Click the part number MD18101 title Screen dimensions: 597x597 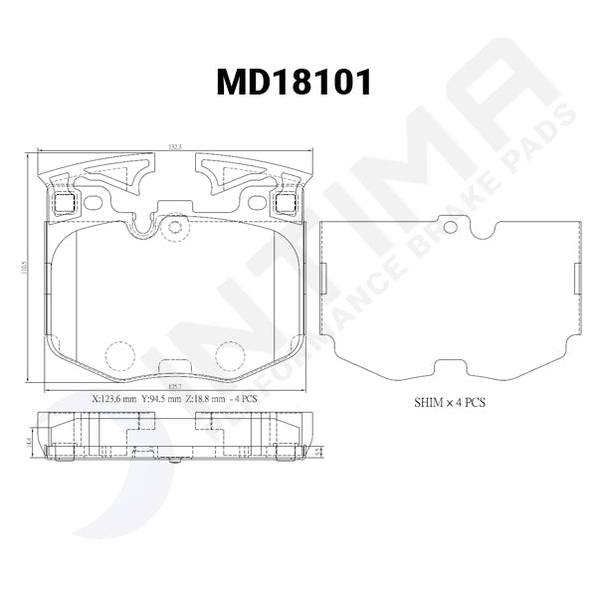coord(295,83)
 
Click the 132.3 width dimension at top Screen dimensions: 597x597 coord(175,146)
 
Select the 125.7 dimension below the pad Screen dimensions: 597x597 coord(175,384)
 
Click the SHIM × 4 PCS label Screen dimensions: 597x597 coord(449,405)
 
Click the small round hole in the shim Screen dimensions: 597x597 coord(450,228)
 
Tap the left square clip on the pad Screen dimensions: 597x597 coord(64,203)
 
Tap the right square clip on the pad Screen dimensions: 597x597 coord(286,203)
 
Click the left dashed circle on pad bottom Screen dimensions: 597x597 coord(119,355)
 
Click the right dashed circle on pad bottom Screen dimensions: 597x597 coord(231,355)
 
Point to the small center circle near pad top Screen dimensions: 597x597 coord(175,227)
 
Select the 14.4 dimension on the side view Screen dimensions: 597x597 coord(30,439)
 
